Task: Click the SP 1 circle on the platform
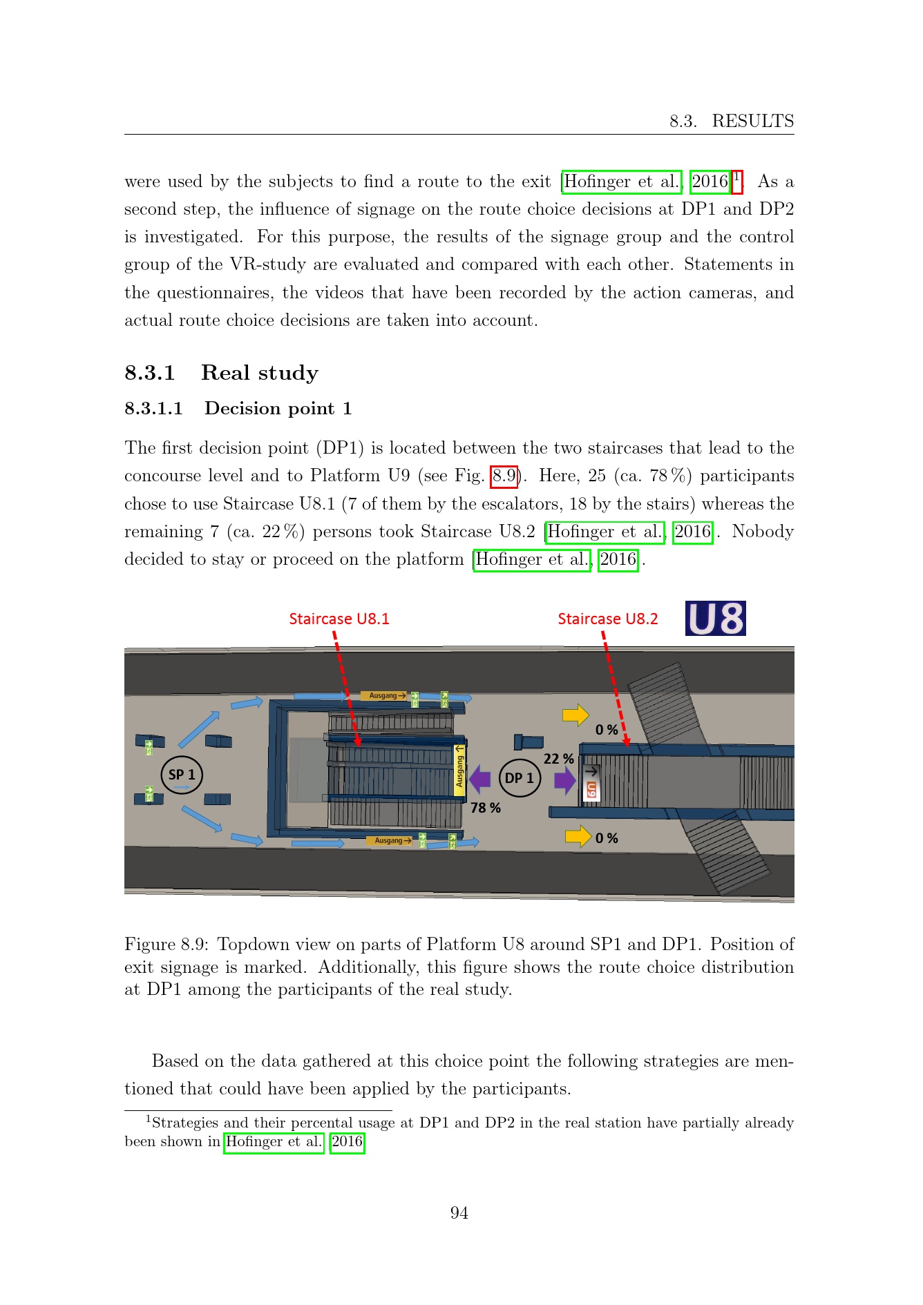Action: [x=182, y=775]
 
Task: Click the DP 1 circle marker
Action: [x=520, y=777]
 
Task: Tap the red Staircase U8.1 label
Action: [x=339, y=619]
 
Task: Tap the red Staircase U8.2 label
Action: [x=608, y=619]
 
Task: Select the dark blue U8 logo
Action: [x=716, y=619]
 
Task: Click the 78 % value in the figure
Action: [x=486, y=807]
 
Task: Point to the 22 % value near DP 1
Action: [x=559, y=759]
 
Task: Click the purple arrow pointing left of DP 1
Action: [x=479, y=780]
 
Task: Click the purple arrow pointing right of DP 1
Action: [x=565, y=780]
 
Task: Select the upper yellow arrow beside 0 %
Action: [x=576, y=715]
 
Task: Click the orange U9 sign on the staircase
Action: [x=591, y=791]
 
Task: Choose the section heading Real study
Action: [x=260, y=373]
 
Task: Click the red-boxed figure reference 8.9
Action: [x=504, y=476]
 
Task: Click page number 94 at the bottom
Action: [x=459, y=1213]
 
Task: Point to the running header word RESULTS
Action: [x=753, y=121]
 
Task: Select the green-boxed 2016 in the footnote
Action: [x=347, y=1141]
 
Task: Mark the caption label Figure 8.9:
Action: [x=166, y=945]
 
